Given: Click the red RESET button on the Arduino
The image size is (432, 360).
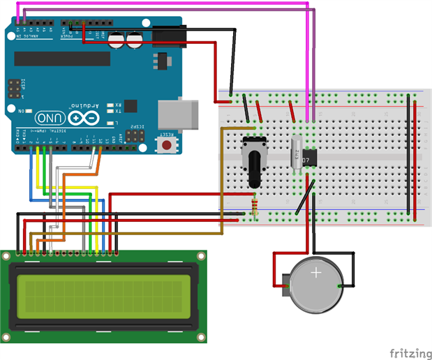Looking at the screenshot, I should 167,145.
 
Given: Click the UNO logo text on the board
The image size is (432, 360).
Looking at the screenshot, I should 52,118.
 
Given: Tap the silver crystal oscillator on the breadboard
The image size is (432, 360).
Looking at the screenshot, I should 296,153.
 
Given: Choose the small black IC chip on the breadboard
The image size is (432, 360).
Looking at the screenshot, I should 310,156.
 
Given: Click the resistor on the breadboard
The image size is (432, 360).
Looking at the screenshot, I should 253,207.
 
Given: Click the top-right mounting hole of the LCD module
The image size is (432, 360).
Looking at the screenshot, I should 202,255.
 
